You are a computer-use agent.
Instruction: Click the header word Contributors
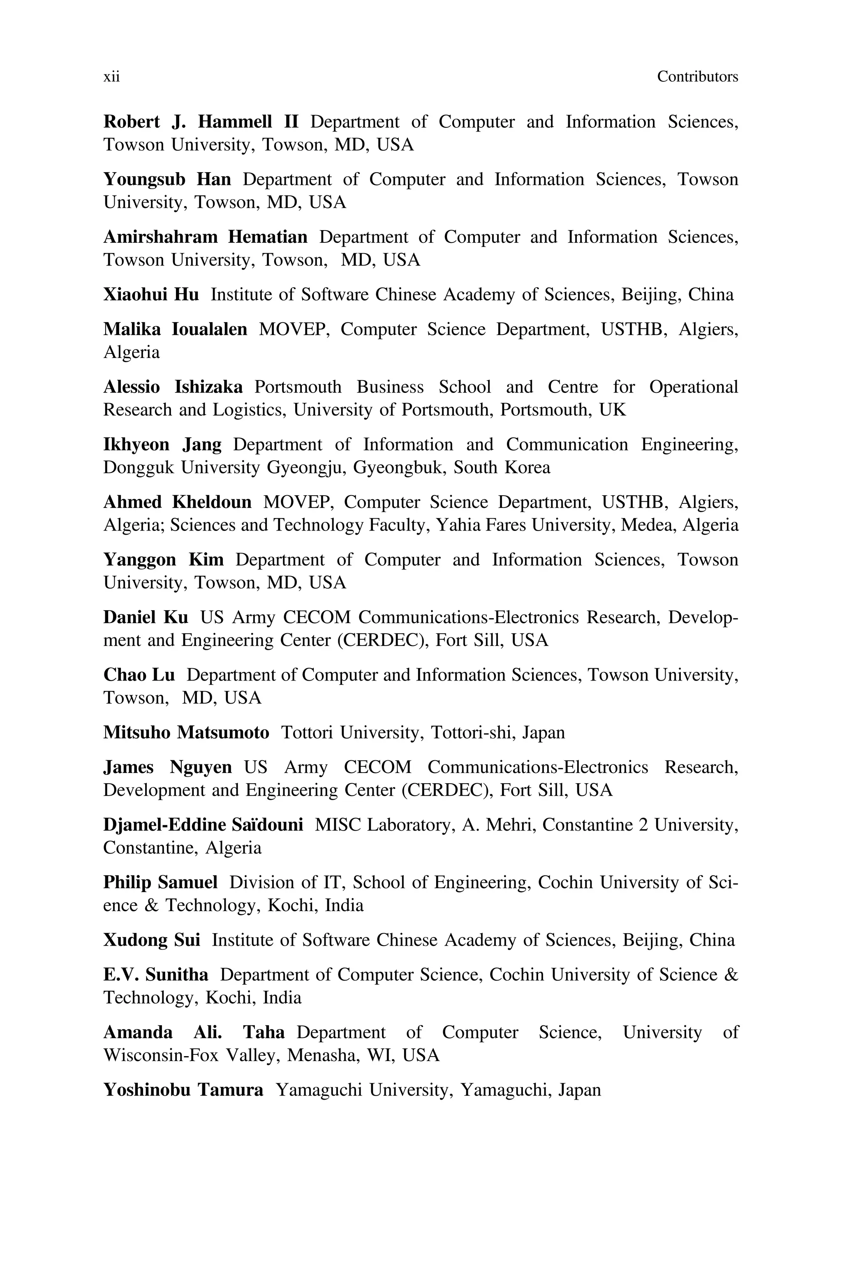(x=697, y=77)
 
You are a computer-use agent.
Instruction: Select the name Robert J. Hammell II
(x=200, y=122)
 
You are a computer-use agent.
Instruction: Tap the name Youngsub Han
(x=167, y=179)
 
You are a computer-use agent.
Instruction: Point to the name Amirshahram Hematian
(x=205, y=237)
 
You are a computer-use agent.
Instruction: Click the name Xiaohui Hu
(x=151, y=295)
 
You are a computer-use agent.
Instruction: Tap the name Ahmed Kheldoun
(x=177, y=502)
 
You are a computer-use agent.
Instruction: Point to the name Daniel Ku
(x=146, y=618)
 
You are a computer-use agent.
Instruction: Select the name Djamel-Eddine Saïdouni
(x=203, y=825)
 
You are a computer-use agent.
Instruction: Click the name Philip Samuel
(x=160, y=883)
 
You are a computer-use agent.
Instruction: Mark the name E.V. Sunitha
(x=156, y=975)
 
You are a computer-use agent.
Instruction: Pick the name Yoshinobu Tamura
(x=183, y=1090)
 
